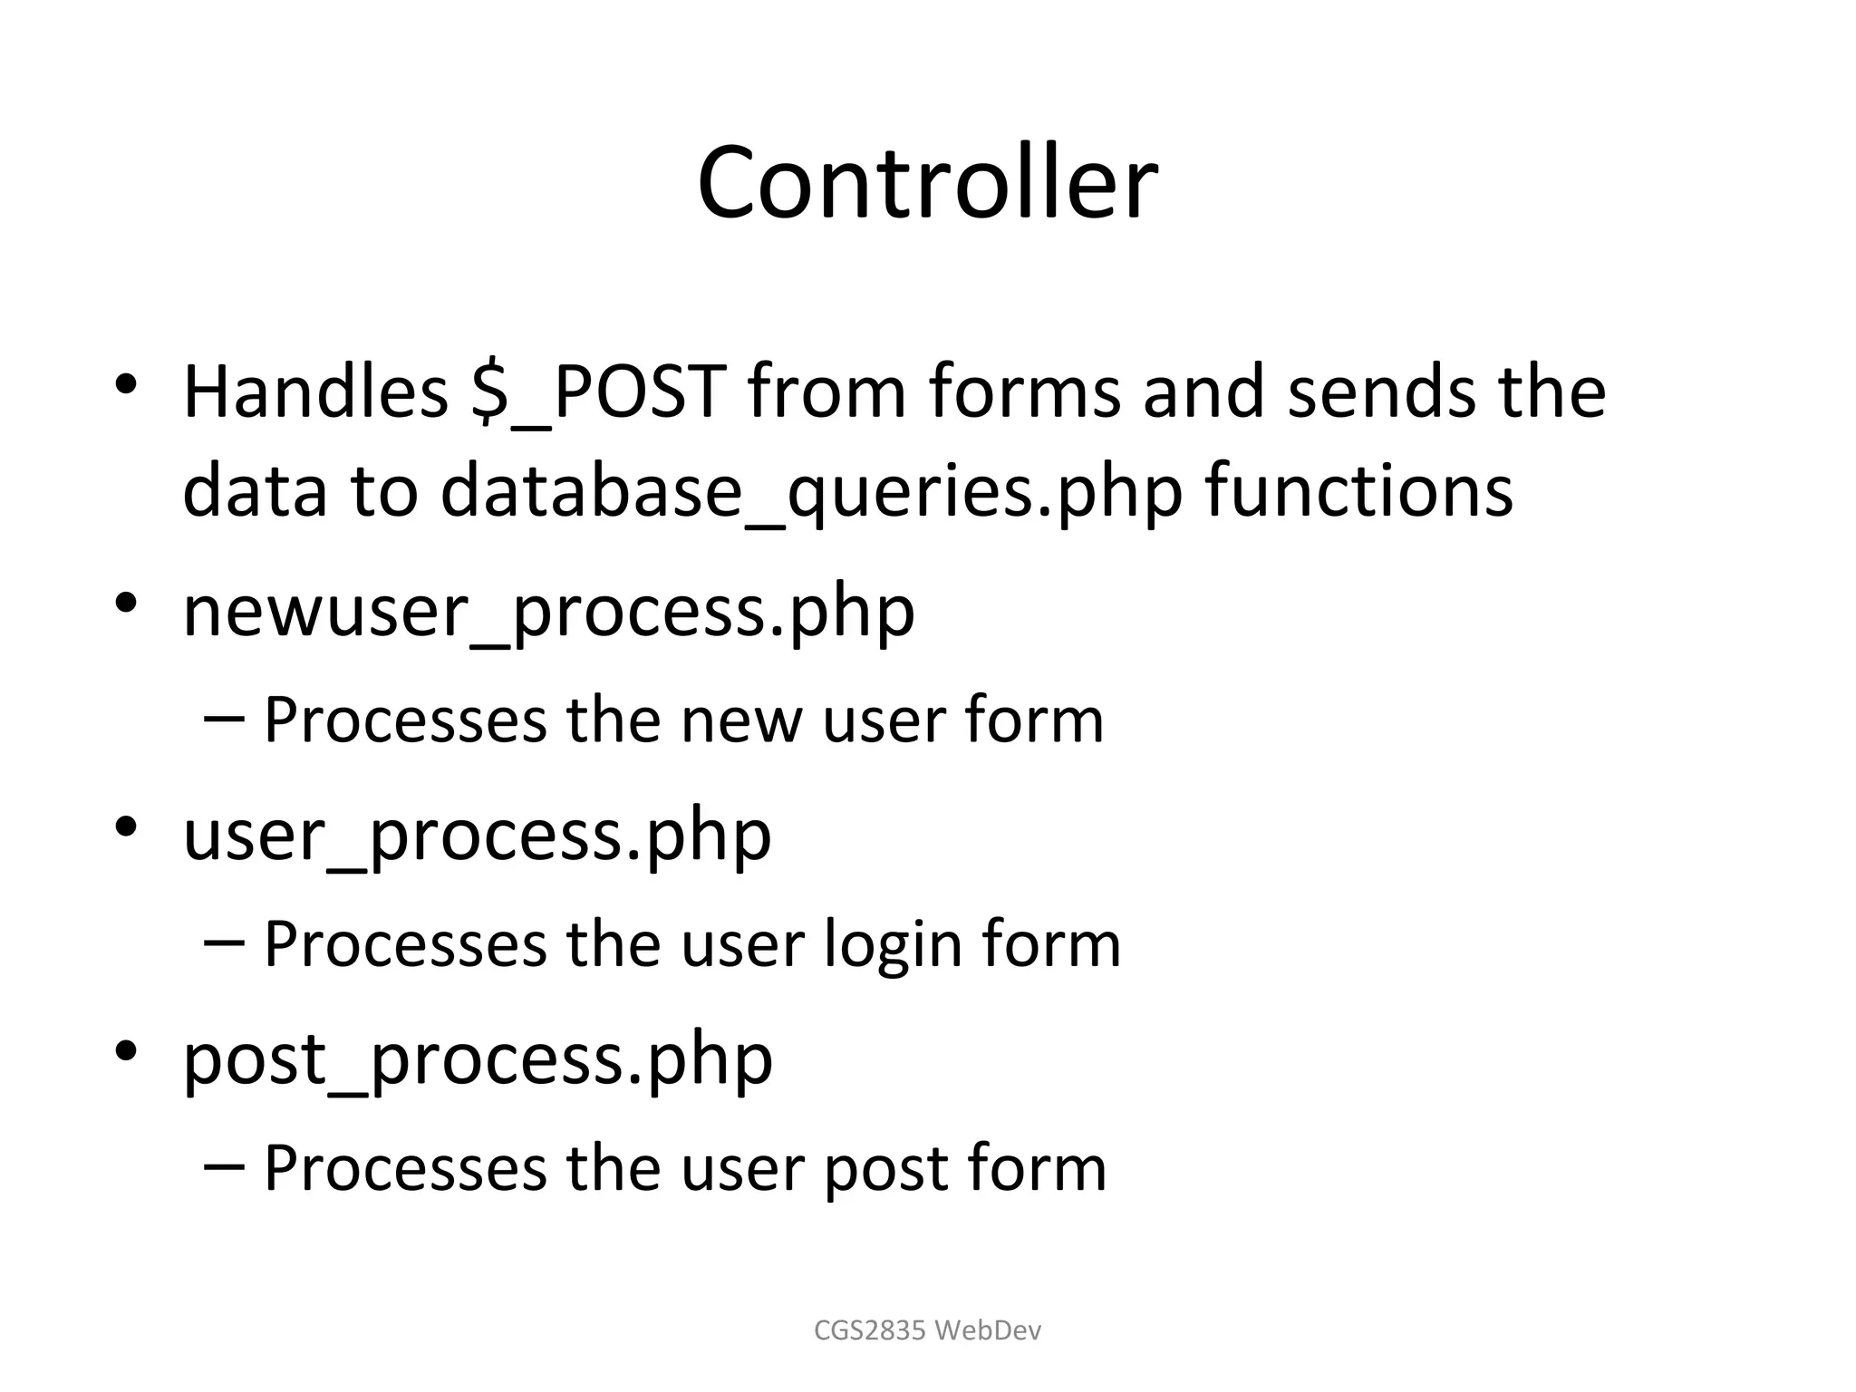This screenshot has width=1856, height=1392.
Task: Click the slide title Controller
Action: [x=927, y=183]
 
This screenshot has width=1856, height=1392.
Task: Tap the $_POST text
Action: [x=599, y=391]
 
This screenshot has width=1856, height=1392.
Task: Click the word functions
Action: [x=1358, y=489]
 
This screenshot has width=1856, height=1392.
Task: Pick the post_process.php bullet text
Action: [x=478, y=1061]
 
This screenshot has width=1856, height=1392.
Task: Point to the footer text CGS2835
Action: [x=870, y=1330]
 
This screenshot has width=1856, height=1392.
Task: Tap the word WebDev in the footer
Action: [x=988, y=1330]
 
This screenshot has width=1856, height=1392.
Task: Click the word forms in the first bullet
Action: [x=1024, y=391]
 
